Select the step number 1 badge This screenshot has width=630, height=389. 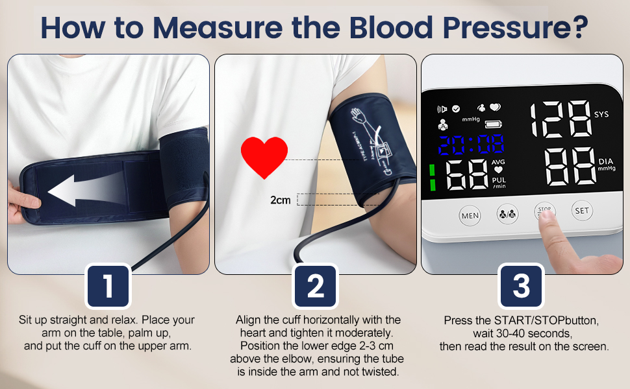(108, 285)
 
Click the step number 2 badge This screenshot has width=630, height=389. (315, 285)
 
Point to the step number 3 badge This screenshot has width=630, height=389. (521, 285)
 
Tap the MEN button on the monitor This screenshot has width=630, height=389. (470, 215)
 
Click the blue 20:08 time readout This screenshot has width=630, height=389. (472, 145)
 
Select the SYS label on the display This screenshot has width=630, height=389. (601, 114)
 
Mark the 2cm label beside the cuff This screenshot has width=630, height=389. (281, 200)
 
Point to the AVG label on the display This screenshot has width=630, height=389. (498, 162)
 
